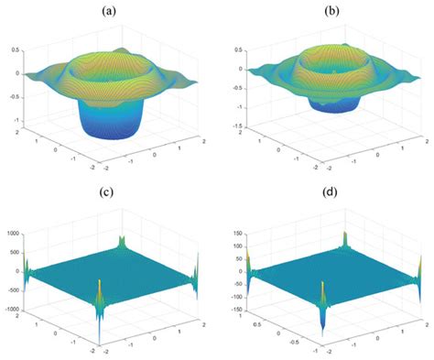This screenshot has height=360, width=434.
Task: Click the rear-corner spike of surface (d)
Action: [346, 240]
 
